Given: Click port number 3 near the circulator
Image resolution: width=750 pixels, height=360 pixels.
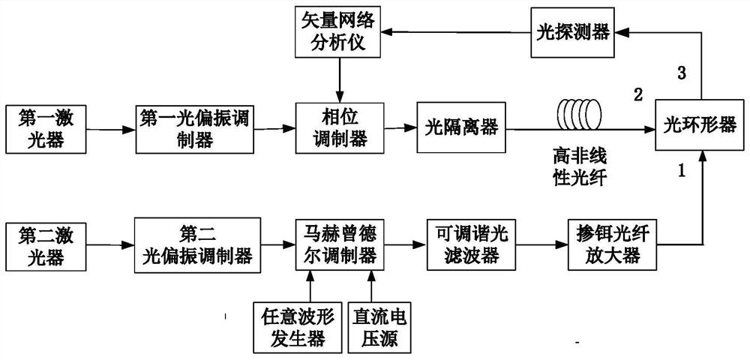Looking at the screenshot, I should click(681, 73).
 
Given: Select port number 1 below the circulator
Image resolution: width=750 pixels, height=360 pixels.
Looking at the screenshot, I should click(681, 172).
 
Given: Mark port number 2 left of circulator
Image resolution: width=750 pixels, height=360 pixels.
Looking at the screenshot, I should click(638, 95).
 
